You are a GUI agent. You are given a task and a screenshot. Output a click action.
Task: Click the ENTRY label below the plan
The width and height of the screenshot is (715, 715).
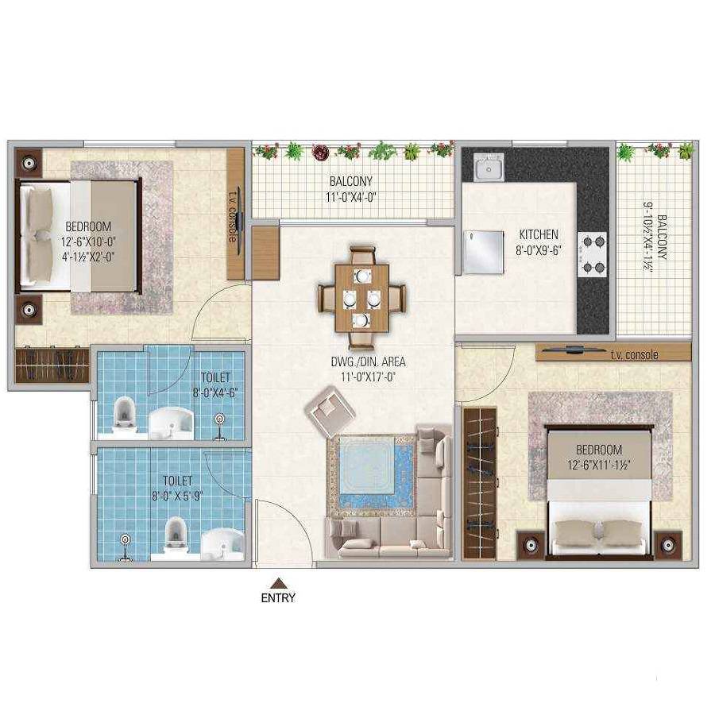click(x=278, y=598)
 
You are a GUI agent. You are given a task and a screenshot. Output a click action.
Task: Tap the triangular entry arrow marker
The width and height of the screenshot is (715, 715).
click(x=278, y=582)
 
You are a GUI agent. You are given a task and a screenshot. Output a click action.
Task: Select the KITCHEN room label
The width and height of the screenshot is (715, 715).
click(x=539, y=234)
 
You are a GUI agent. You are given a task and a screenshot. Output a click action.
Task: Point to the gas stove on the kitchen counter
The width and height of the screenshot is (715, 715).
click(x=592, y=253)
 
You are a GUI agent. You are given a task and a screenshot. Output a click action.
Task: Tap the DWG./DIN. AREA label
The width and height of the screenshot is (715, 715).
click(x=362, y=363)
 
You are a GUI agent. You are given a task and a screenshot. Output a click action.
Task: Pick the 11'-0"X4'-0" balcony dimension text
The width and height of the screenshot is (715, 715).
click(x=350, y=196)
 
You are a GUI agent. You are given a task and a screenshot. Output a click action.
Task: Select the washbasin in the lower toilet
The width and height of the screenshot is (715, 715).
click(x=222, y=545)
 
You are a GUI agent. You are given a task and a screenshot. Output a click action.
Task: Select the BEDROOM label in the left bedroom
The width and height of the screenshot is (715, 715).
click(x=88, y=226)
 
